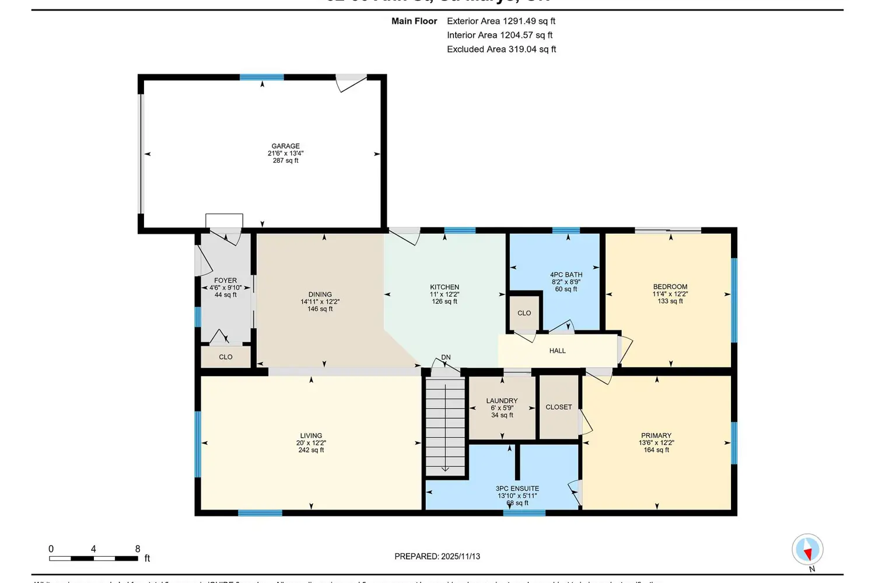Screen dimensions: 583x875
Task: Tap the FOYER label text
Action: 226,280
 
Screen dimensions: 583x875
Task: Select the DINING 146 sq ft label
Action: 320,301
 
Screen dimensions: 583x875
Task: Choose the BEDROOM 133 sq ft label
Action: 670,293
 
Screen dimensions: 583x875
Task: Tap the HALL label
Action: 557,350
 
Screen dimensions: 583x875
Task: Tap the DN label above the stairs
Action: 446,357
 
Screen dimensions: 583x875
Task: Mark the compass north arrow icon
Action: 807,550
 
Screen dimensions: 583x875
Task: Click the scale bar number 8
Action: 138,549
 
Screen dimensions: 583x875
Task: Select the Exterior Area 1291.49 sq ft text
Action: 501,21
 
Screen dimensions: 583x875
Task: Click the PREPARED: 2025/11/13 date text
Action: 437,556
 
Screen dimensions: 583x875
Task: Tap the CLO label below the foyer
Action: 226,357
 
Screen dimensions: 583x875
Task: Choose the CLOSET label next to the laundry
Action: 558,407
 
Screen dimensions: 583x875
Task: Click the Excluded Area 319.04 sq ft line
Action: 501,49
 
